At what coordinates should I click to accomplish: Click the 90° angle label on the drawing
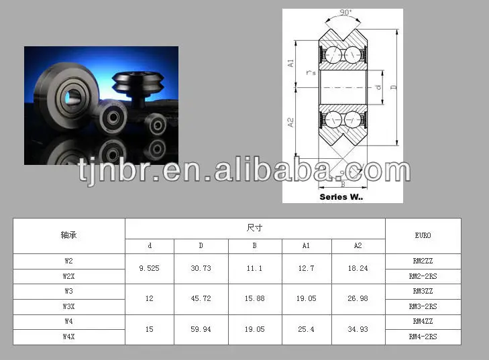pos(346,13)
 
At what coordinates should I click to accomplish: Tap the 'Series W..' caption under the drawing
pos(341,196)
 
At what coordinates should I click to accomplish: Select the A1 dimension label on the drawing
pos(291,63)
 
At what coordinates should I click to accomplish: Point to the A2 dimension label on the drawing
pos(291,123)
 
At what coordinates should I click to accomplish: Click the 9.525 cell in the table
pos(149,268)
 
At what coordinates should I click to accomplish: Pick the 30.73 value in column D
pos(201,268)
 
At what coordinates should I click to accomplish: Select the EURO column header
pos(423,236)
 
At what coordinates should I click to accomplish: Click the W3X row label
pos(68,306)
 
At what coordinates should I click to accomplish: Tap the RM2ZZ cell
pos(423,260)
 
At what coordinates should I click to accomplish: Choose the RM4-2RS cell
pos(423,337)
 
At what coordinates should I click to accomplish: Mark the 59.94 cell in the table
pos(201,329)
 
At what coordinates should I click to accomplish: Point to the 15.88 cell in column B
pos(255,298)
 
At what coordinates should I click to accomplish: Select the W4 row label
pos(68,321)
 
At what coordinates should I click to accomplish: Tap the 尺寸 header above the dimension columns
pos(255,228)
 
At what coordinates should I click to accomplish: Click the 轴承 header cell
pos(68,236)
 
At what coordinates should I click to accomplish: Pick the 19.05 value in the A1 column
pos(306,298)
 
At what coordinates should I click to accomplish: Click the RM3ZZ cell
pos(423,291)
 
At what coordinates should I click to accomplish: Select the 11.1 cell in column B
pos(255,268)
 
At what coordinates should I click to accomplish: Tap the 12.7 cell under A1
pos(306,268)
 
